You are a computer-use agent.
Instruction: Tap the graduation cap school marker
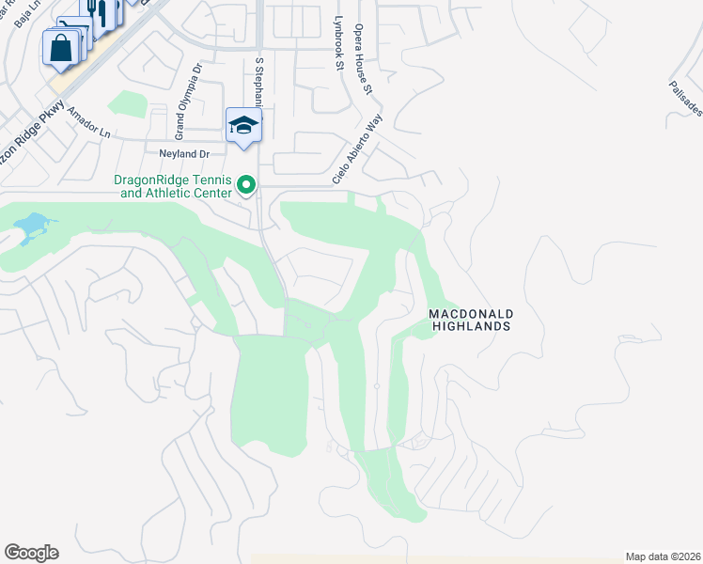tap(243, 126)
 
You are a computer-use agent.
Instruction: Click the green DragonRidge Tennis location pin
tap(247, 184)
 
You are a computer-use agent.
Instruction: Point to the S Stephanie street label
tap(258, 85)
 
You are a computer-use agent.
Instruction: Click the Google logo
tap(31, 553)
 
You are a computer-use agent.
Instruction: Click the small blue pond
tap(30, 226)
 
